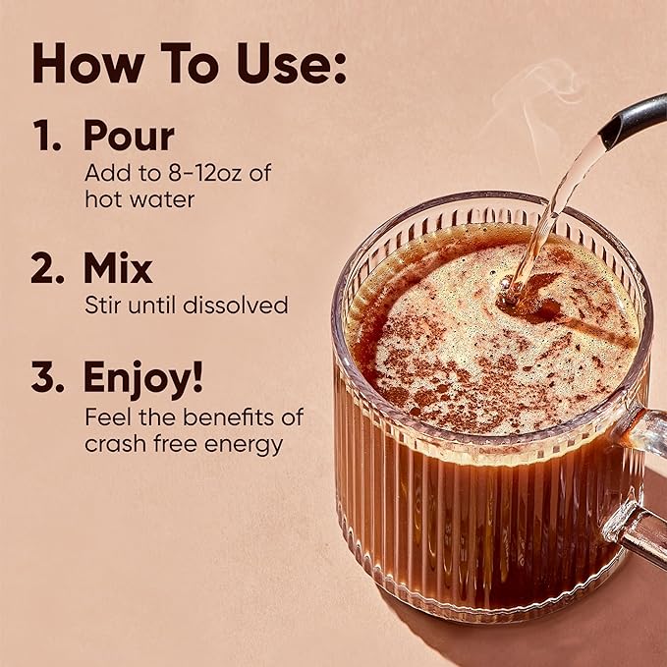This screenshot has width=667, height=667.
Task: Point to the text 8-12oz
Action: (200, 173)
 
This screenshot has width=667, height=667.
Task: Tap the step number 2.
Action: (47, 269)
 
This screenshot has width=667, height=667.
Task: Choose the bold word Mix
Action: (118, 269)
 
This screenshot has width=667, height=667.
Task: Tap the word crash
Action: (112, 443)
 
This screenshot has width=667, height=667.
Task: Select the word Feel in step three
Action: (105, 417)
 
